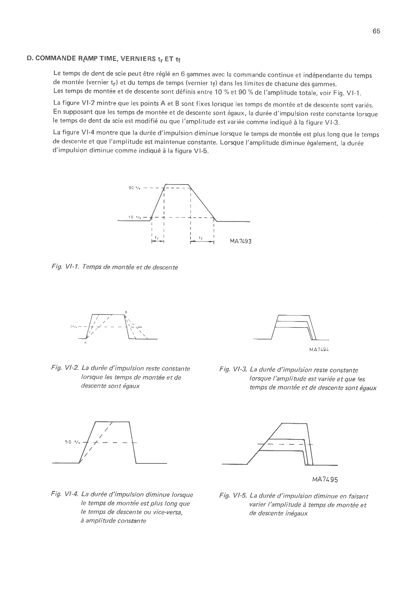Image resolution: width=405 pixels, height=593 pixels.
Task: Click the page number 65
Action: (x=376, y=31)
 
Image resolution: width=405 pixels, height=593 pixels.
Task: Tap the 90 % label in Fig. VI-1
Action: (x=135, y=188)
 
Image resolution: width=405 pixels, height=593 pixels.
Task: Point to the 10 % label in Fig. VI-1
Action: (x=135, y=217)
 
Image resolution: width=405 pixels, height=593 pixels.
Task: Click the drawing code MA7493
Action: (x=241, y=242)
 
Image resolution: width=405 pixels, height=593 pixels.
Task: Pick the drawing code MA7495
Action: (x=325, y=479)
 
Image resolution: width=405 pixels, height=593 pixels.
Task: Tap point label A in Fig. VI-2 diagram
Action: (x=85, y=343)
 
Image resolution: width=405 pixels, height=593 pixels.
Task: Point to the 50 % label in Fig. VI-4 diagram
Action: (x=72, y=442)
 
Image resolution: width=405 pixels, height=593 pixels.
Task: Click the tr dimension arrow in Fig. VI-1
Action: (x=158, y=241)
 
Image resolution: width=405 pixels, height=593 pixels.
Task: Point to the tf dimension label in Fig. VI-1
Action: (x=200, y=238)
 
